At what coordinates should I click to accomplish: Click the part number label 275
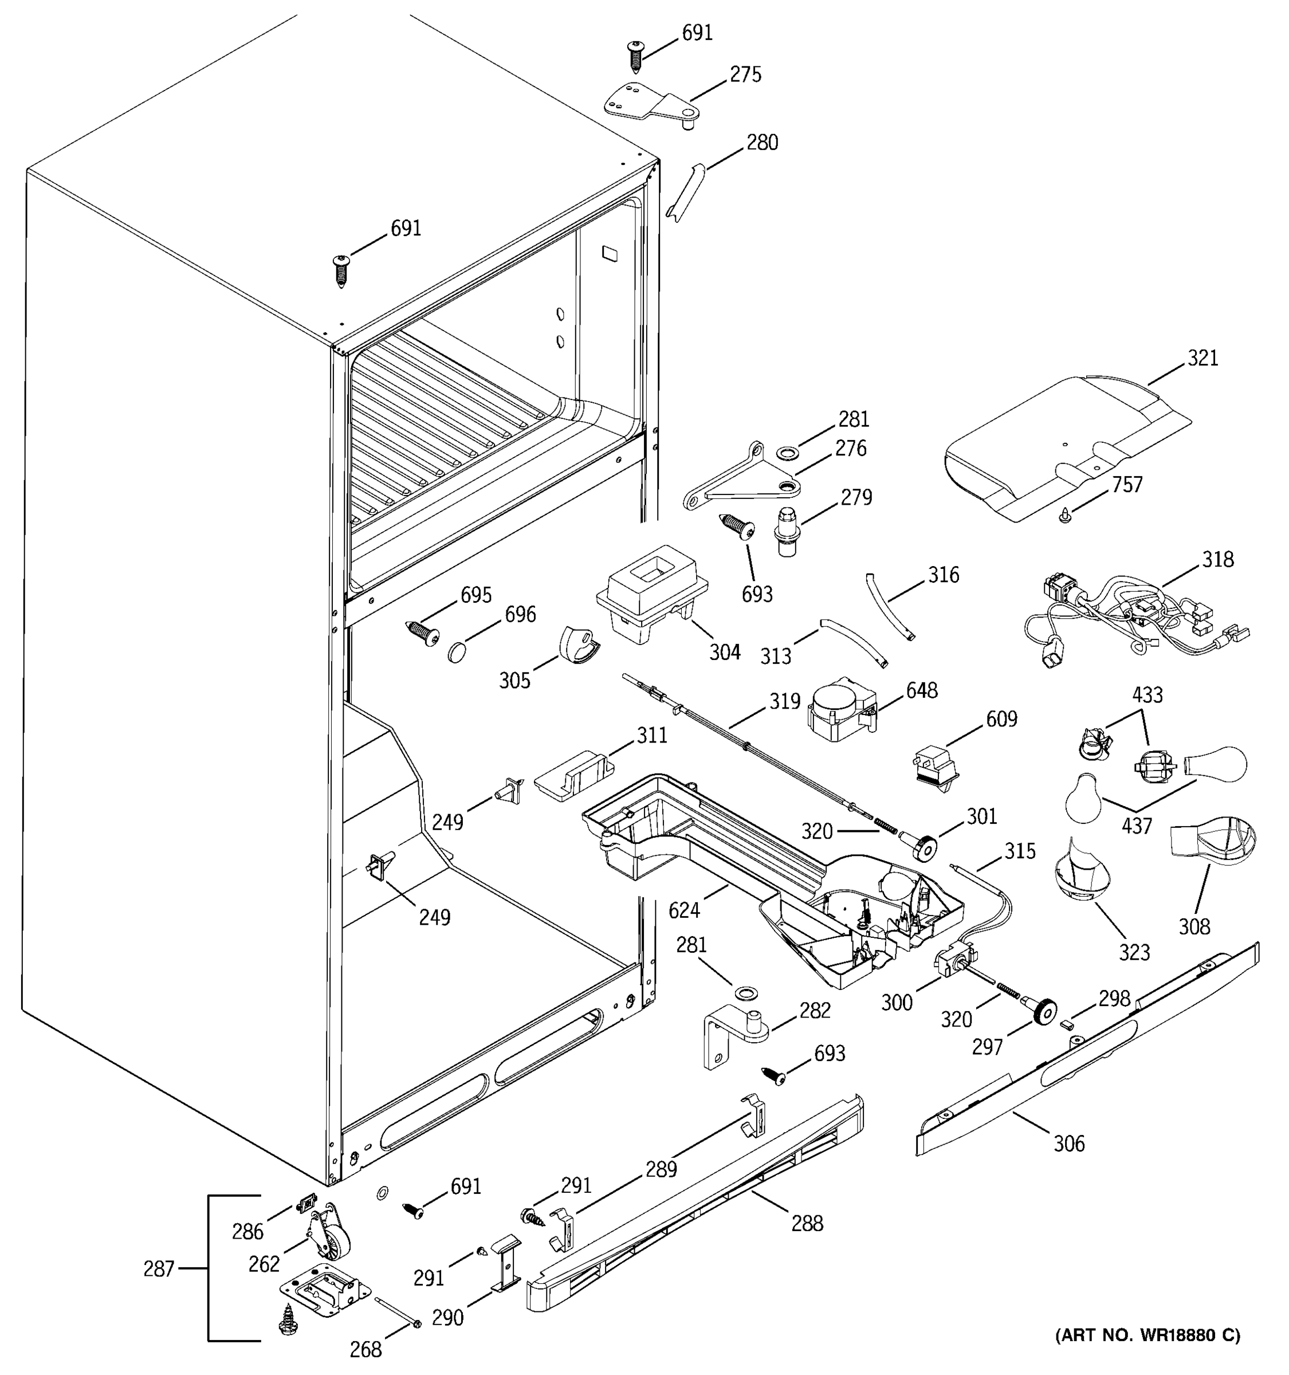[x=745, y=74]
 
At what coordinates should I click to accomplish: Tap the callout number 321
[x=1202, y=357]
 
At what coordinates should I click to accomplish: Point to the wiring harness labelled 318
[x=1134, y=612]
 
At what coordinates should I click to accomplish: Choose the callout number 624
[x=684, y=911]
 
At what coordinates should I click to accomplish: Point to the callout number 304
[x=724, y=651]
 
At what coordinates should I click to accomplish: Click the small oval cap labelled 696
[x=457, y=651]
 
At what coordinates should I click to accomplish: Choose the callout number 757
[x=1127, y=484]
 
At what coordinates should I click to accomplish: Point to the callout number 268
[x=365, y=1349]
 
